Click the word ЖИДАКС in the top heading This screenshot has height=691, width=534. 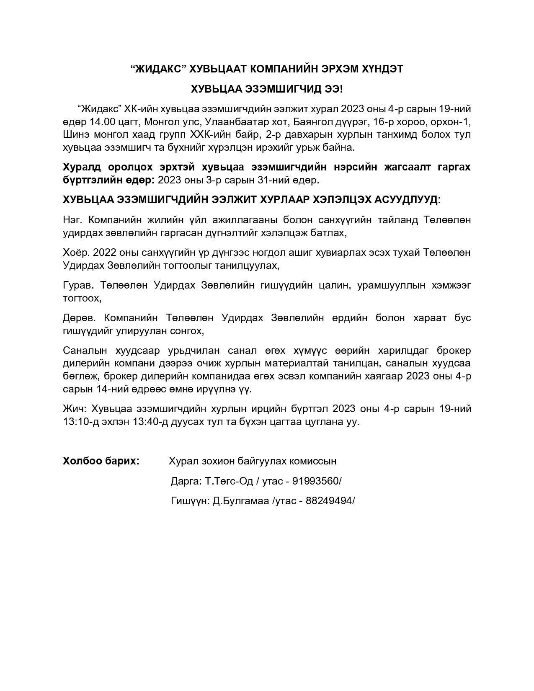coord(159,70)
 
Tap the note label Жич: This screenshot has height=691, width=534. coord(75,408)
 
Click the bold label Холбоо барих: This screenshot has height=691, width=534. coord(101,461)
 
